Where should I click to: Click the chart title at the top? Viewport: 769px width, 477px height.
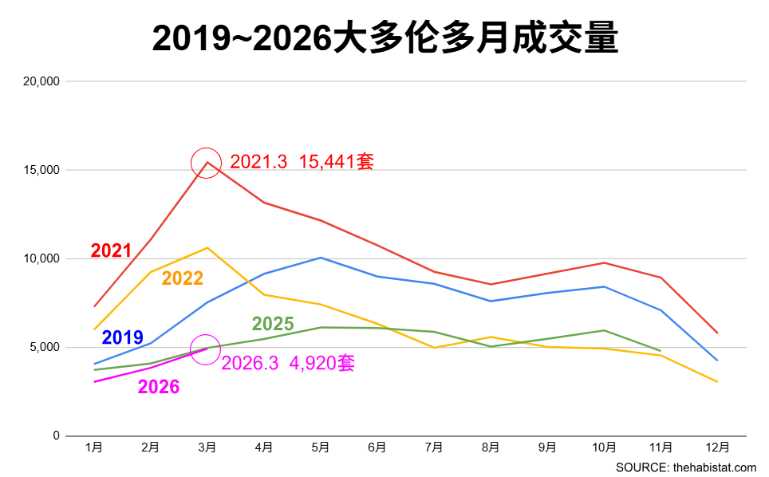[384, 37]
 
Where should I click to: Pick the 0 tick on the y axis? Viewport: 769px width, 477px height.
[56, 436]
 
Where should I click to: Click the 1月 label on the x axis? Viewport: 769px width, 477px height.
[94, 448]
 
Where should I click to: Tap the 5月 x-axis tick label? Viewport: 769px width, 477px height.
[321, 448]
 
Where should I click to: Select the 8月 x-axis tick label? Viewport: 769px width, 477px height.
[491, 448]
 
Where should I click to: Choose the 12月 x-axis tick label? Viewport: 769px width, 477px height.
[717, 448]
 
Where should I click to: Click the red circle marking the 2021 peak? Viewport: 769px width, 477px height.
[207, 163]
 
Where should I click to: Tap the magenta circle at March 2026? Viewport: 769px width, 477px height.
[207, 349]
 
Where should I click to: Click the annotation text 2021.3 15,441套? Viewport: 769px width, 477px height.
[302, 162]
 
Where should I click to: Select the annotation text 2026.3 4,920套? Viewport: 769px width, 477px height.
[287, 364]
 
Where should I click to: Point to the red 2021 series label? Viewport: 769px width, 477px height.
[111, 250]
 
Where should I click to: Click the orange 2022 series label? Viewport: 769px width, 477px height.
[182, 278]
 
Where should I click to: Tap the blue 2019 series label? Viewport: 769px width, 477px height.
[123, 337]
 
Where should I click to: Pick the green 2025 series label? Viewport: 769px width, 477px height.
[273, 325]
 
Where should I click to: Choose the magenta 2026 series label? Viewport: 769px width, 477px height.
[159, 388]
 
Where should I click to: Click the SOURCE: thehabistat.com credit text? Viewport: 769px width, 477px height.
[686, 467]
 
